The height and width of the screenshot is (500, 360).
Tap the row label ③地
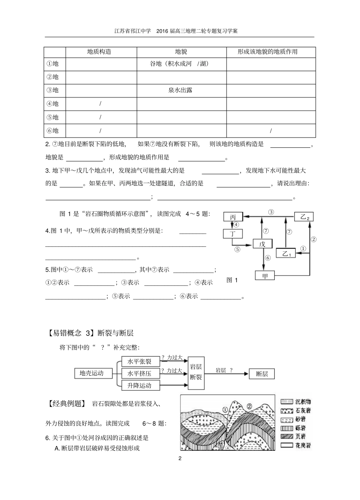tap(53, 90)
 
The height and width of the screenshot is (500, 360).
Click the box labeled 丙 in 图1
tap(233, 217)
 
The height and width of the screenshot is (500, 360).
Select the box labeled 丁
tap(233, 234)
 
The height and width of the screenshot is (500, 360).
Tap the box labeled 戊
tap(262, 244)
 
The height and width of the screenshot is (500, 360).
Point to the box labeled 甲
tap(265, 276)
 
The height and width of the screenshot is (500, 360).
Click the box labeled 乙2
tap(304, 217)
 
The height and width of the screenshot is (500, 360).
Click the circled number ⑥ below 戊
tap(268, 258)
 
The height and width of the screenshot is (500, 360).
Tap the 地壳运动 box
tap(91, 373)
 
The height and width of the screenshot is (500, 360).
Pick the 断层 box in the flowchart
tap(262, 374)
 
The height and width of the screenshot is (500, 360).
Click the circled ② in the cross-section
tap(249, 406)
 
